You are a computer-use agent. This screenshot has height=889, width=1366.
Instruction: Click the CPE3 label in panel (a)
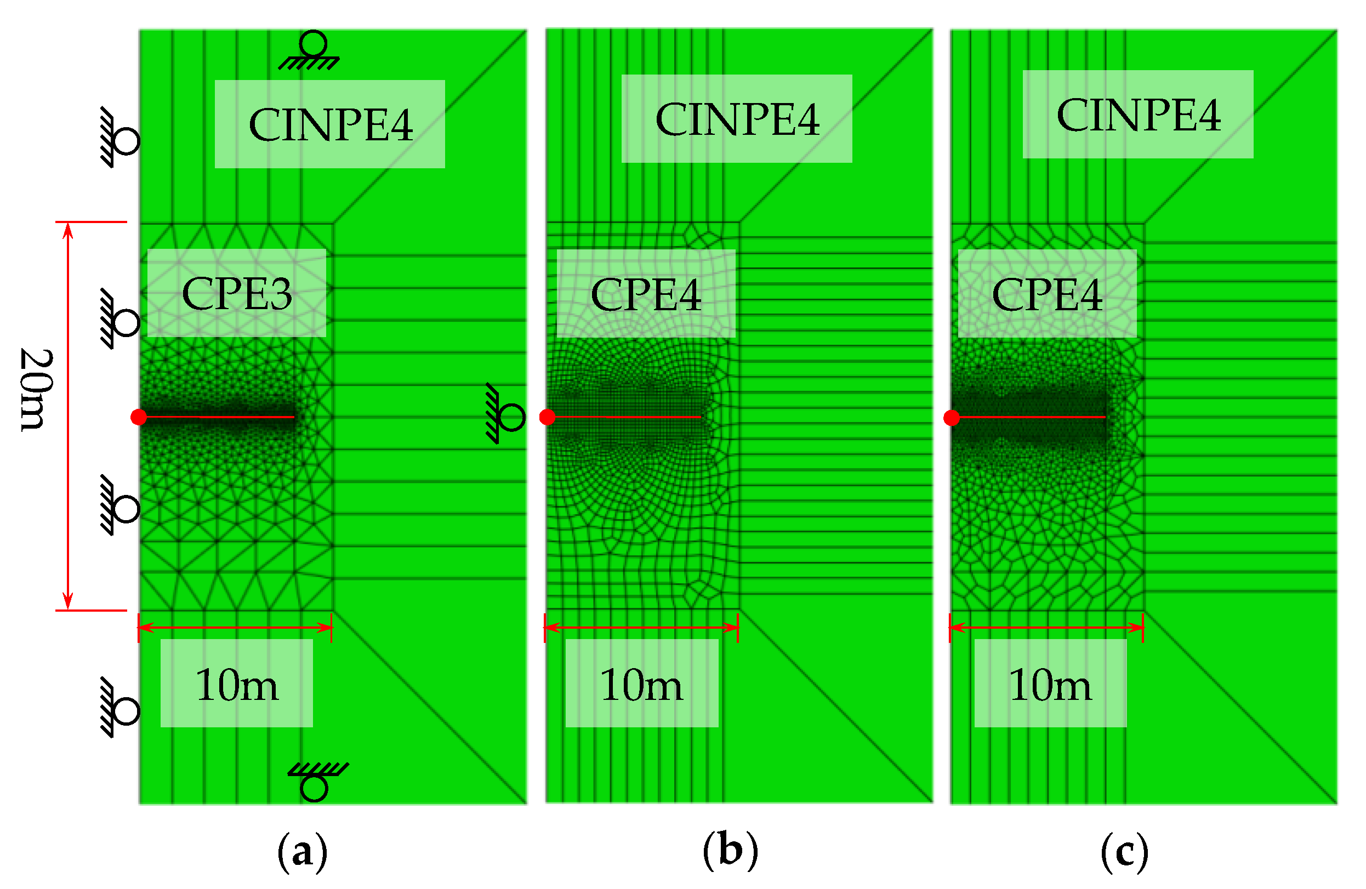pyautogui.click(x=236, y=293)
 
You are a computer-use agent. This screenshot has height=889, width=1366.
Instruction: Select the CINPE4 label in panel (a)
pyautogui.click(x=330, y=124)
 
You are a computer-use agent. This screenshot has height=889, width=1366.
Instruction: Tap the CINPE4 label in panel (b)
pyautogui.click(x=737, y=119)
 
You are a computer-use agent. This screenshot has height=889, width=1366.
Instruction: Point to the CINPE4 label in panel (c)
pyautogui.click(x=1138, y=115)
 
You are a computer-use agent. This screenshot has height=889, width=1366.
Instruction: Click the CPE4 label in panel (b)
pyautogui.click(x=646, y=294)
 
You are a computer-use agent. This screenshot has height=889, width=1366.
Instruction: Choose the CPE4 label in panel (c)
pyautogui.click(x=1047, y=294)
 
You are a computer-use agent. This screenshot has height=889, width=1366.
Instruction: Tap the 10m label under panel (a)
pyautogui.click(x=236, y=685)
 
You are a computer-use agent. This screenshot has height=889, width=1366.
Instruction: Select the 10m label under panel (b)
pyautogui.click(x=641, y=685)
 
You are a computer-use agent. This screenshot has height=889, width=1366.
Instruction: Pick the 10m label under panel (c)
pyautogui.click(x=1050, y=685)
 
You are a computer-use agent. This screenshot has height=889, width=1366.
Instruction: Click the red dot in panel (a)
pyautogui.click(x=138, y=417)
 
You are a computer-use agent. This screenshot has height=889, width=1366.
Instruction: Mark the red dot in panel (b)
pyautogui.click(x=548, y=417)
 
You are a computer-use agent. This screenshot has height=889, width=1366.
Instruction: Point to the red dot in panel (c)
pyautogui.click(x=952, y=418)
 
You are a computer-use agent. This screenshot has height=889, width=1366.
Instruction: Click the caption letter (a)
pyautogui.click(x=302, y=853)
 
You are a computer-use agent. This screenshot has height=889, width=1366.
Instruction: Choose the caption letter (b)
pyautogui.click(x=730, y=850)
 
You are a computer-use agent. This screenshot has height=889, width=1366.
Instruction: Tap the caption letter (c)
pyautogui.click(x=1124, y=853)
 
